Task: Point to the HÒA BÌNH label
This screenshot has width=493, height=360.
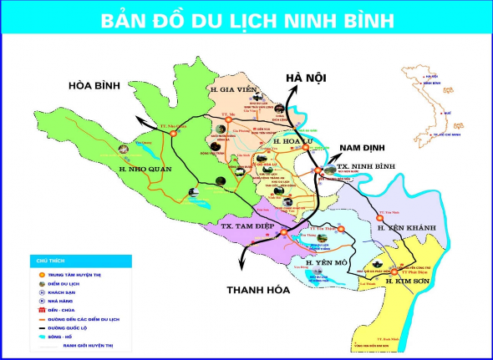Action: pos(96,85)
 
